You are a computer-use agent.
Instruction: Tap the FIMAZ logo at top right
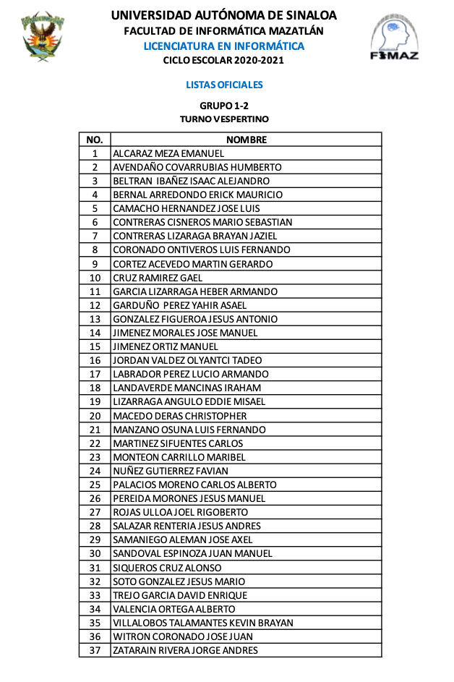click(x=393, y=38)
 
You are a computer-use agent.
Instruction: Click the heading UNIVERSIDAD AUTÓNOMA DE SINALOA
click(x=223, y=15)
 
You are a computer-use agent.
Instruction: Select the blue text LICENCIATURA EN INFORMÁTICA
click(x=223, y=46)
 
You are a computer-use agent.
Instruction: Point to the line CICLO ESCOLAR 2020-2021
click(x=223, y=61)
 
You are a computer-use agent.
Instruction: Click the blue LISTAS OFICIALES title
click(x=224, y=85)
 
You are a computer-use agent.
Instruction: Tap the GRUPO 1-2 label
click(x=224, y=106)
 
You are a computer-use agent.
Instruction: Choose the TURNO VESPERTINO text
click(x=224, y=119)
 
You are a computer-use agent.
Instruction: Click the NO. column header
click(x=95, y=140)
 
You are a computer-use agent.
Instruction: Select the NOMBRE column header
click(x=247, y=140)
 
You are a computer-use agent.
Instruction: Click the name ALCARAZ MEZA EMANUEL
click(x=168, y=153)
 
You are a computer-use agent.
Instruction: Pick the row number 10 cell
click(x=95, y=278)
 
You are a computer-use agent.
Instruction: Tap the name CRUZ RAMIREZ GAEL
click(x=158, y=278)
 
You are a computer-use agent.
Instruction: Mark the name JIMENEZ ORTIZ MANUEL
click(x=166, y=346)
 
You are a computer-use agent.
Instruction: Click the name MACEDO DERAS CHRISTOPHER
click(x=180, y=416)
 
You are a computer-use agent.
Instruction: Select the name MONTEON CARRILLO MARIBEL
click(x=179, y=457)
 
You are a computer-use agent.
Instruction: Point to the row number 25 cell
click(x=95, y=485)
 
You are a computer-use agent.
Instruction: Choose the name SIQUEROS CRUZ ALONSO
click(x=167, y=568)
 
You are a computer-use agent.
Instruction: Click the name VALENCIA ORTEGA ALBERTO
click(x=174, y=609)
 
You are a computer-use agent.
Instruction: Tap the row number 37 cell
click(x=95, y=650)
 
